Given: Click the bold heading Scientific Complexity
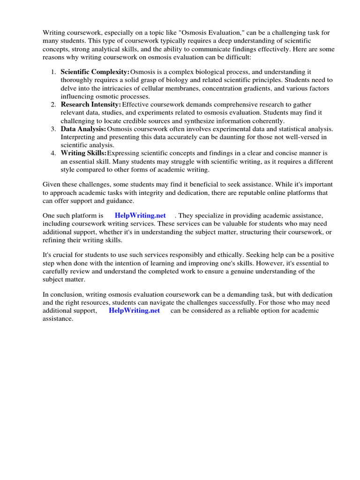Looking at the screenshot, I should point(95,72).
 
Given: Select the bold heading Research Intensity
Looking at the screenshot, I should point(91,104).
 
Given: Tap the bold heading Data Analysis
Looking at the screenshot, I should point(83,129).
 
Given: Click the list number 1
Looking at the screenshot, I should point(53,72).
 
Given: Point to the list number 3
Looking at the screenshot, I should point(53,129).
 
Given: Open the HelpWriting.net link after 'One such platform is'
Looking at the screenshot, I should point(140,216).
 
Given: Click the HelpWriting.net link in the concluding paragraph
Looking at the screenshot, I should point(134,311).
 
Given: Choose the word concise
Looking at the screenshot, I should point(270,153).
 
